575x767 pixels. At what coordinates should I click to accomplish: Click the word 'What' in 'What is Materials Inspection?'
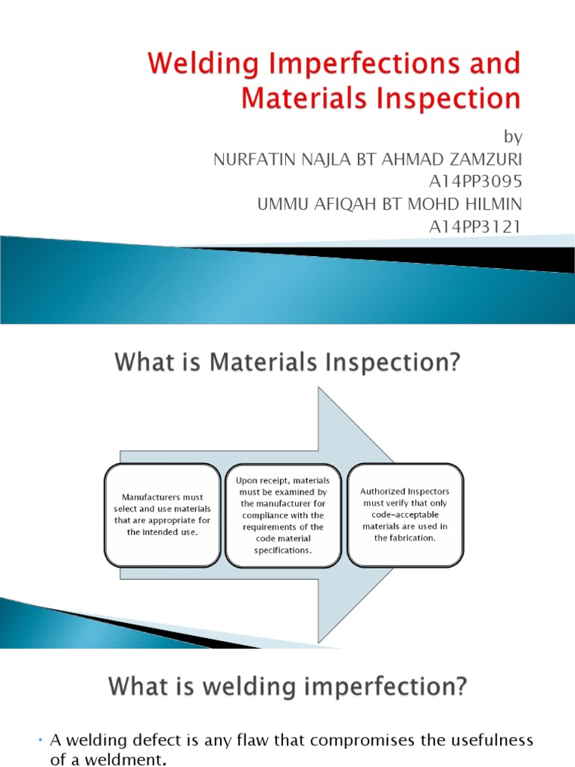(146, 364)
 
